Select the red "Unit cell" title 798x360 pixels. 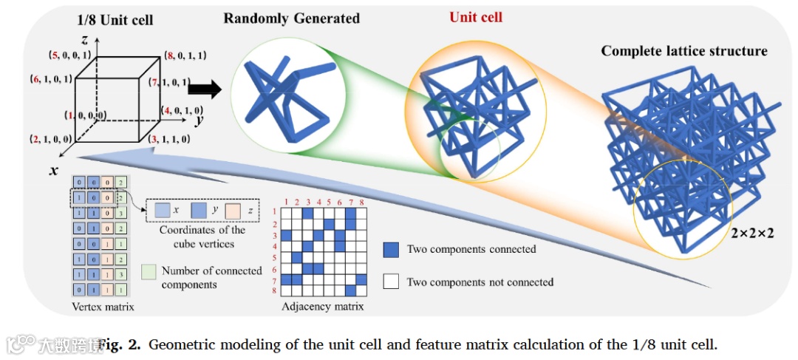pyautogui.click(x=475, y=16)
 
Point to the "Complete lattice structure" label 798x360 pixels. pyautogui.click(x=683, y=51)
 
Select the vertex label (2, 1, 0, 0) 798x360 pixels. pyautogui.click(x=51, y=138)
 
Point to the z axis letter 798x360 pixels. pyautogui.click(x=86, y=38)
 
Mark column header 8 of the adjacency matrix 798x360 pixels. pyautogui.click(x=362, y=200)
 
